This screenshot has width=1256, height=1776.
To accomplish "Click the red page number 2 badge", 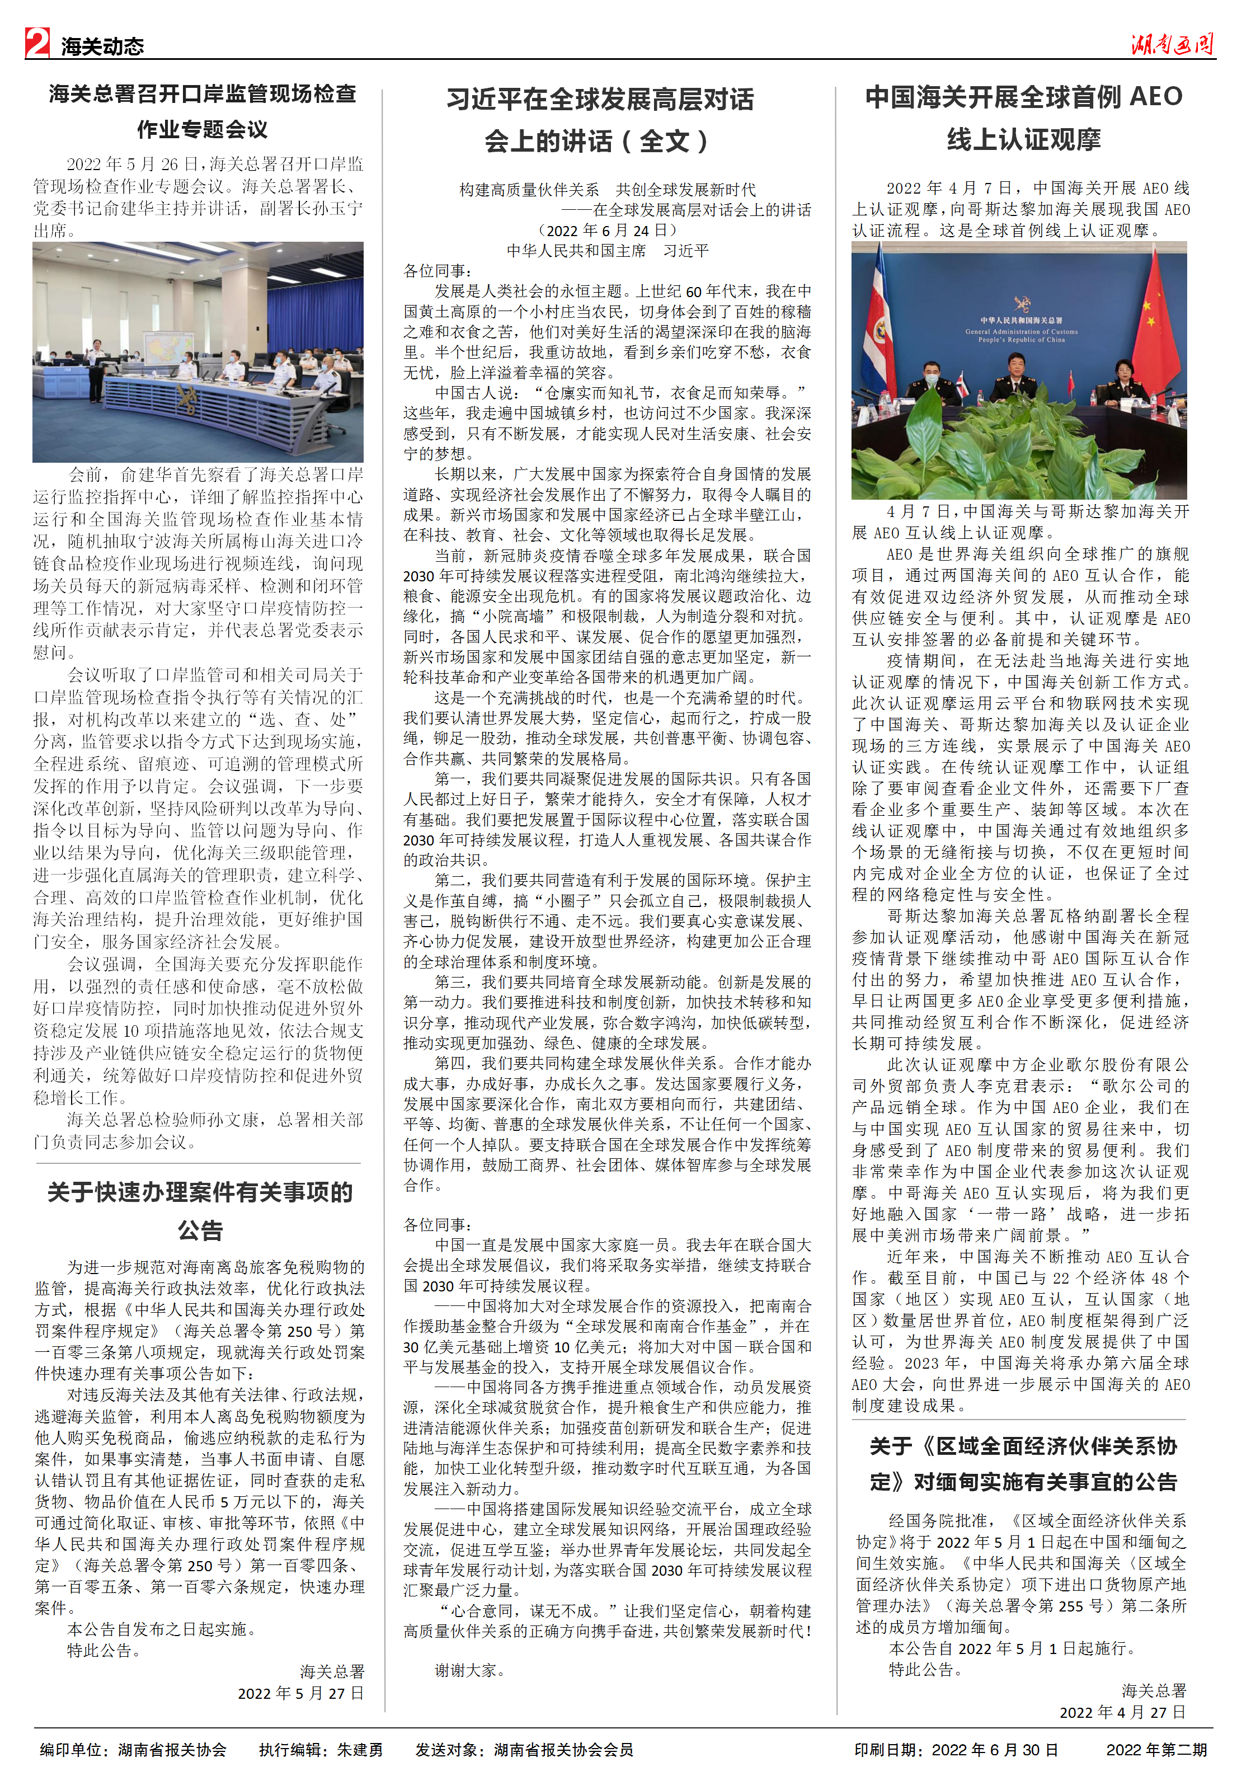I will click(37, 43).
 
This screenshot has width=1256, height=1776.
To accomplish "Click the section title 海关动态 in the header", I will click(103, 46).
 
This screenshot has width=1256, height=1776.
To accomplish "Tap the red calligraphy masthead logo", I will click(1171, 43).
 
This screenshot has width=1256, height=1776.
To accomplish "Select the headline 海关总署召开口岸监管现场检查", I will click(203, 95).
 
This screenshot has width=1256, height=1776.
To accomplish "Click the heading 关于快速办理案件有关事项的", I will click(200, 1192).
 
